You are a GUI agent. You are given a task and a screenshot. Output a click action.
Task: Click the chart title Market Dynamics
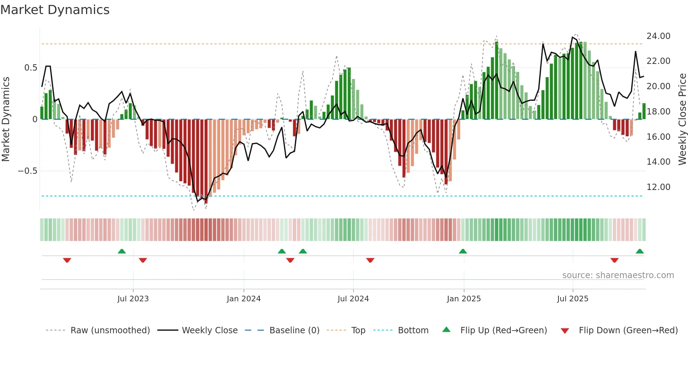[55, 10]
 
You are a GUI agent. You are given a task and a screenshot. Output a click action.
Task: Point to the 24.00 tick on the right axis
[658, 36]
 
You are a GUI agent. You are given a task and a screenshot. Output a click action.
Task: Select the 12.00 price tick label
[658, 187]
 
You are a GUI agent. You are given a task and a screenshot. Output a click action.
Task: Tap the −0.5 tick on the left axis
[27, 171]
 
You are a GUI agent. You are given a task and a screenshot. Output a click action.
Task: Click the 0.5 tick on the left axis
[31, 68]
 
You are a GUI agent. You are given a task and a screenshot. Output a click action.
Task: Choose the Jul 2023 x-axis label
[133, 299]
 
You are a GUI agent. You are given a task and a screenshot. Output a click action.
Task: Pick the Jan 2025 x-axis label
[464, 299]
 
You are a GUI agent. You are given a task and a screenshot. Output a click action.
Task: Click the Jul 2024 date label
[353, 299]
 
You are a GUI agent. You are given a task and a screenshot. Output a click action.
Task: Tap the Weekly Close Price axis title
[682, 119]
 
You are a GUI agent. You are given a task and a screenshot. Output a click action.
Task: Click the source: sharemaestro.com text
[618, 275]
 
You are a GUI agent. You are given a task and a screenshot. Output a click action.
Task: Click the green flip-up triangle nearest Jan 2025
[463, 251]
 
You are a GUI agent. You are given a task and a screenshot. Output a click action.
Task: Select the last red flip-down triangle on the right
[614, 260]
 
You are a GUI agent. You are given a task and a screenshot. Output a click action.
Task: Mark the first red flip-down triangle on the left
[67, 260]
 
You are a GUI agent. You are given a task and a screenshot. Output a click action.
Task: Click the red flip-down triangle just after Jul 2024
[370, 260]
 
